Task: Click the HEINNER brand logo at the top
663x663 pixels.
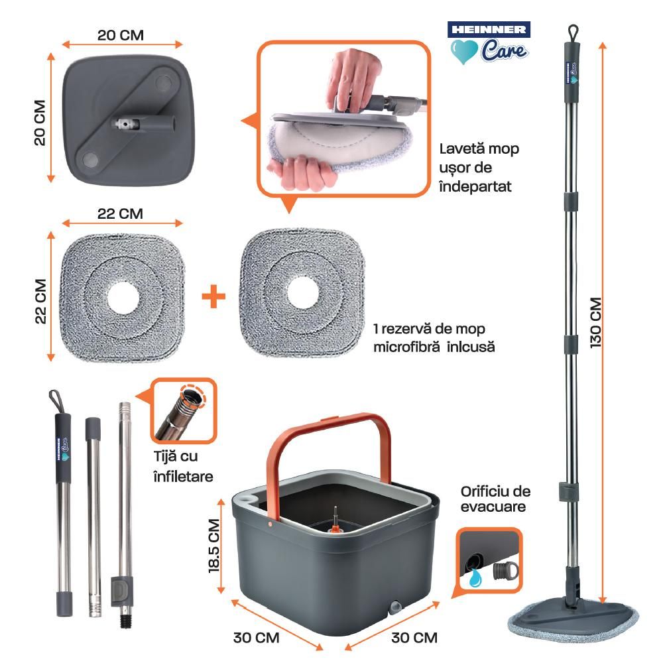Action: [489, 29]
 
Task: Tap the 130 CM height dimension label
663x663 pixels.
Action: [595, 323]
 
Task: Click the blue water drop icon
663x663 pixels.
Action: [474, 577]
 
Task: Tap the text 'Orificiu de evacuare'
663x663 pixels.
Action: [494, 499]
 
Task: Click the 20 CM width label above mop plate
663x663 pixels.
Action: [120, 34]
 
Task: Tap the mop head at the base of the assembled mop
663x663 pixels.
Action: [573, 615]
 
